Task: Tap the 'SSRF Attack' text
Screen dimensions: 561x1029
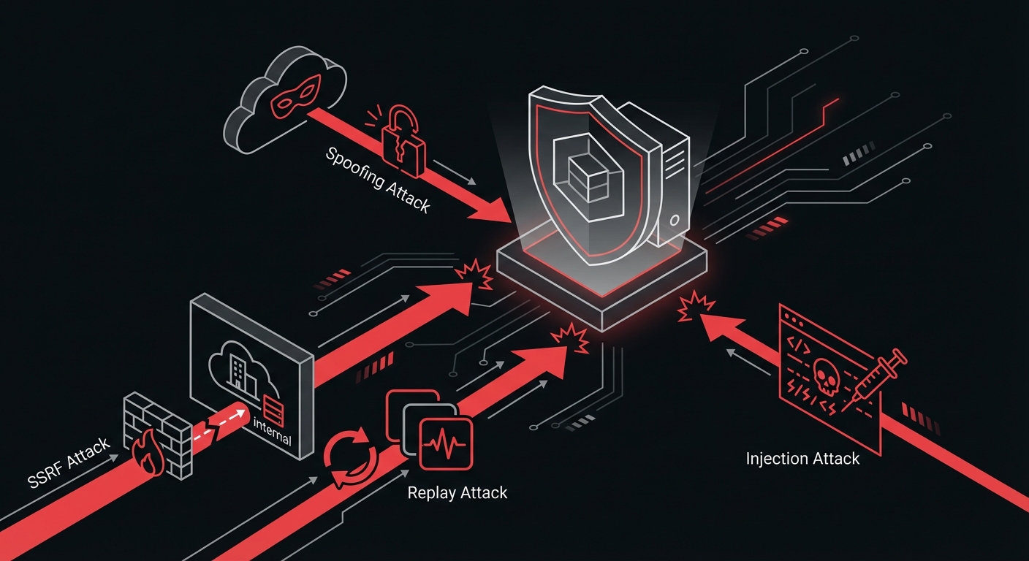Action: (68, 452)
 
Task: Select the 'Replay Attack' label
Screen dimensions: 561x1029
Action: (457, 493)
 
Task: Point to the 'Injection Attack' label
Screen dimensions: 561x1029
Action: (802, 459)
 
